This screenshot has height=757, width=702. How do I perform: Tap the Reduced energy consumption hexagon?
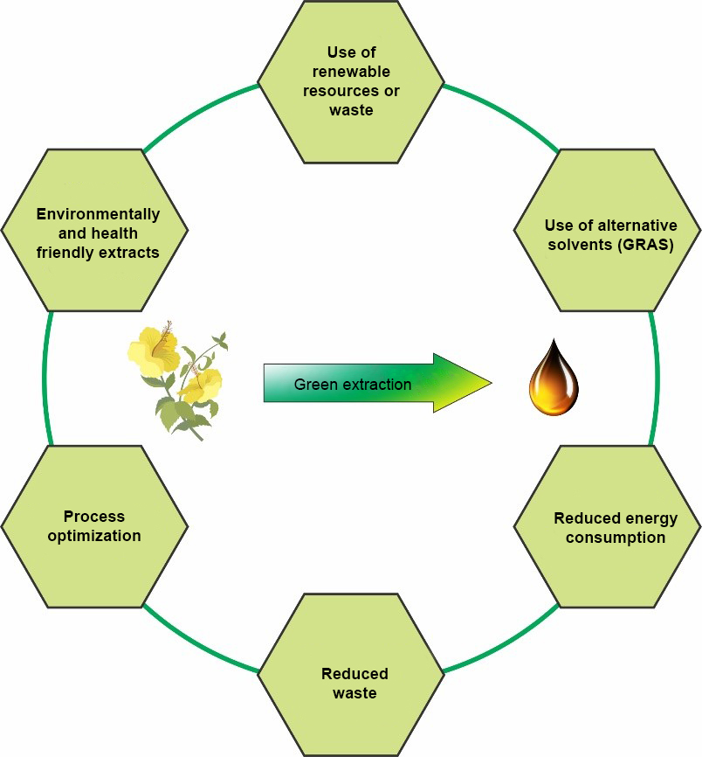608,527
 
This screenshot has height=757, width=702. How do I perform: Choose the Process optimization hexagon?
94,526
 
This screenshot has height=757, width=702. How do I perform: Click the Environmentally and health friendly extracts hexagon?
94,231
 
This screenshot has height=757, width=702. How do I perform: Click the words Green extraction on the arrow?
352,384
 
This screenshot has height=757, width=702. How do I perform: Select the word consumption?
615,537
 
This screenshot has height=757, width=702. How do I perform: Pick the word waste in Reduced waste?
354,693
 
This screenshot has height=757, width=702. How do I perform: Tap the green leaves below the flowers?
182,415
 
